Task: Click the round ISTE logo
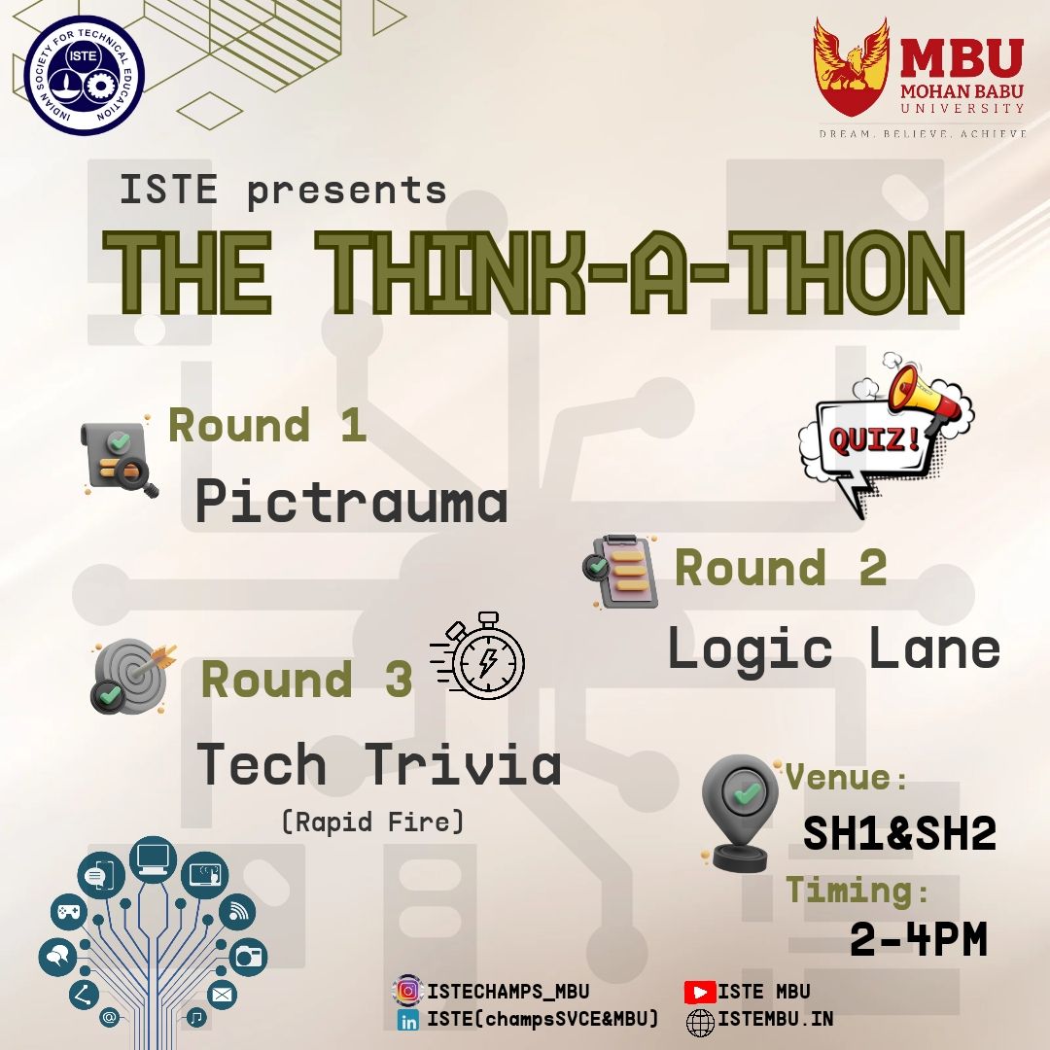click(x=85, y=75)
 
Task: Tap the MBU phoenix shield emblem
click(x=852, y=67)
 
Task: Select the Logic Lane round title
click(x=834, y=648)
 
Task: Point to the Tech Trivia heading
click(x=379, y=764)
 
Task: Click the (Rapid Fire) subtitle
click(x=373, y=822)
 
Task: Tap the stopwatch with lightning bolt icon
click(x=477, y=656)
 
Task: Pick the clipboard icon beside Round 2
click(x=620, y=572)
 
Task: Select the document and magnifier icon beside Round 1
click(x=120, y=459)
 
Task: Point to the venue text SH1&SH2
click(x=899, y=833)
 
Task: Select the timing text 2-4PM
click(x=919, y=939)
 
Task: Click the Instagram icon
click(x=407, y=991)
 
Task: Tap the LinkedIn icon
click(x=407, y=1020)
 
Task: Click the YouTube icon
click(x=700, y=992)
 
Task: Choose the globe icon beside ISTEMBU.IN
click(x=700, y=1023)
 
